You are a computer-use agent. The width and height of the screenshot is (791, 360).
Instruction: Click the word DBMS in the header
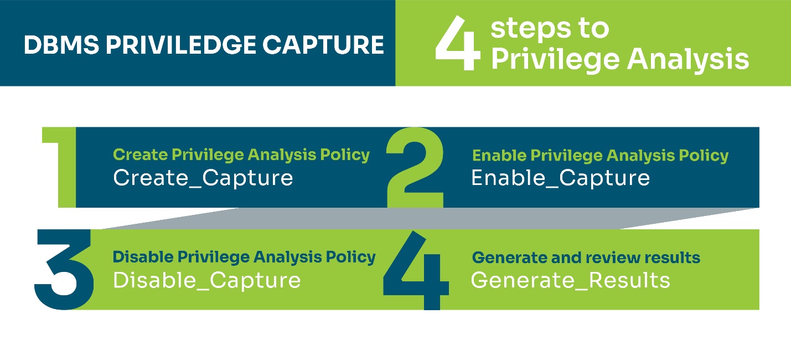click(x=61, y=45)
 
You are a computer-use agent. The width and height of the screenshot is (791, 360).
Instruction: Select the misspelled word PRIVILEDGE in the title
click(x=181, y=45)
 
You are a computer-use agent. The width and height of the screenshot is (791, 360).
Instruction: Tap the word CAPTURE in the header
click(x=323, y=45)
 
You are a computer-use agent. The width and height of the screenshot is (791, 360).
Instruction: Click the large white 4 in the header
click(x=458, y=43)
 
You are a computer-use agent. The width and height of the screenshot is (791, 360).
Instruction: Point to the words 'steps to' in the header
click(x=550, y=28)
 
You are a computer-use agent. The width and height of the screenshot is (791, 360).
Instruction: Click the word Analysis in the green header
click(x=688, y=59)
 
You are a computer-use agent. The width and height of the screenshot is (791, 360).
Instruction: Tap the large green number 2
click(x=415, y=167)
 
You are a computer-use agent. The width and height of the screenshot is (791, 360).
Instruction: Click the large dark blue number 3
click(x=64, y=270)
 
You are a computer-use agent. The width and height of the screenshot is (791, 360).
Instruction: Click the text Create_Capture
click(x=203, y=178)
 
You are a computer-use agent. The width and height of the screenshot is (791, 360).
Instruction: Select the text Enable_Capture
click(x=560, y=178)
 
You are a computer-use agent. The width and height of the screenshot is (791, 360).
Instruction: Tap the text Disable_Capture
click(x=207, y=280)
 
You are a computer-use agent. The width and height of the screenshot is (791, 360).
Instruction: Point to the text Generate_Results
click(x=570, y=280)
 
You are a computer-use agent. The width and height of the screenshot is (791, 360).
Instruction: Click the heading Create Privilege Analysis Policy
click(x=241, y=155)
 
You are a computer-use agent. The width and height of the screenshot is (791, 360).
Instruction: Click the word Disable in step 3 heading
click(x=143, y=257)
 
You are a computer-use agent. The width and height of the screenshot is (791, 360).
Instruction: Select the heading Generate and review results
click(x=586, y=258)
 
